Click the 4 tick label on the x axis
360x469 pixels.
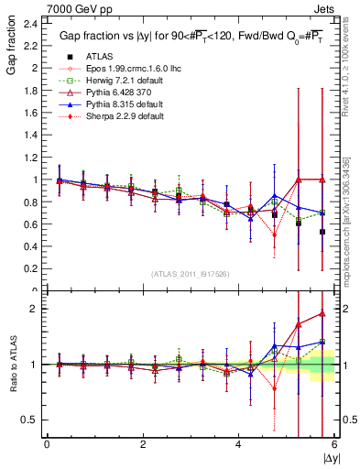pyautogui.click(x=239, y=443)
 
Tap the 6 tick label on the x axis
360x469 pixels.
pyautogui.click(x=334, y=443)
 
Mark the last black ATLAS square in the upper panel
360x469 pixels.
pyautogui.click(x=322, y=232)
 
